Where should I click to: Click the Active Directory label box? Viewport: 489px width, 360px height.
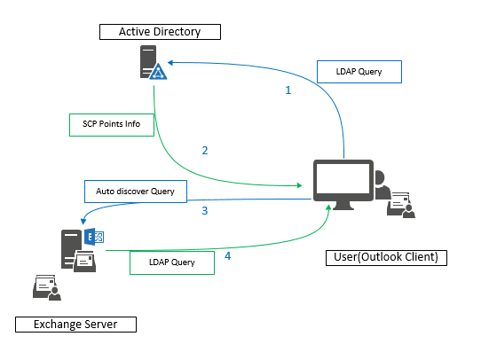coord(161,33)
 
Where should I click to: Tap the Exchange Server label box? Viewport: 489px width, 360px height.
coord(75,325)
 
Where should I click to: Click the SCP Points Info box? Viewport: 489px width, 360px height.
coord(112,123)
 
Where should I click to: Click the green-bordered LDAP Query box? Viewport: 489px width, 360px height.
coord(174,262)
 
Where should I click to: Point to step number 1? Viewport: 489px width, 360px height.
coord(287,90)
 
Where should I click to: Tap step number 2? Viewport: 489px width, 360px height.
coord(205,150)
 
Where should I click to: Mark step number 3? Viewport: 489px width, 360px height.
coord(205,211)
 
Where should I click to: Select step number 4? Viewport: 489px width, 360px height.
coord(227,257)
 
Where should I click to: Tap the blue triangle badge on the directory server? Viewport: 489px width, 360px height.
coord(157,73)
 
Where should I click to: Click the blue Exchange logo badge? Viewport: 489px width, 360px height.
coord(96,236)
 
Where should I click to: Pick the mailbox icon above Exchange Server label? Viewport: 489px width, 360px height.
coord(45,286)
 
